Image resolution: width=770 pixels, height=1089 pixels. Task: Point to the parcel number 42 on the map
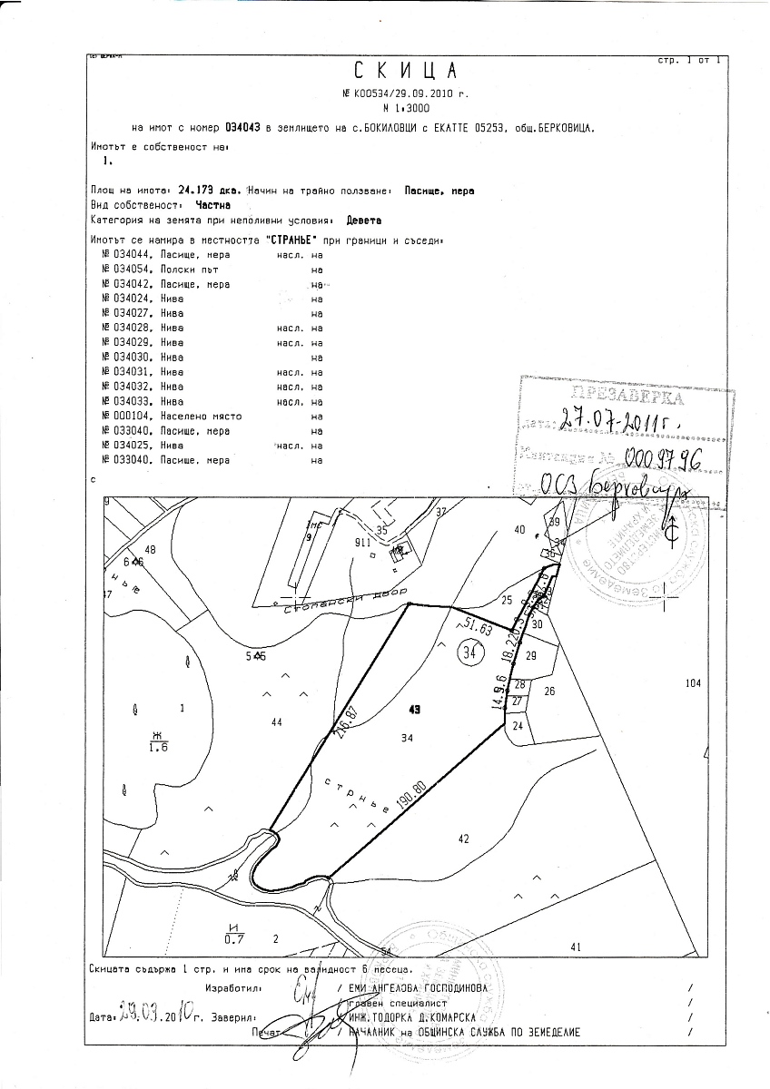(463, 839)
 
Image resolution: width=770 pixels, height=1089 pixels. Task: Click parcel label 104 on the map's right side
(694, 682)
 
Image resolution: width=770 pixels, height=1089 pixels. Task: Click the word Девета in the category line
(365, 220)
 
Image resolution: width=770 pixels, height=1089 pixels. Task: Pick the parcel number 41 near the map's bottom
(575, 947)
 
